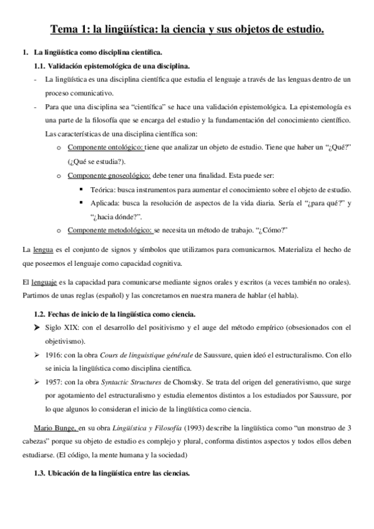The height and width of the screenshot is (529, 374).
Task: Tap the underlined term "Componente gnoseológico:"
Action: point(107,175)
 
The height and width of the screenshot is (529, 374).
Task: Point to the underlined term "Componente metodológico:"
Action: point(109,231)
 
